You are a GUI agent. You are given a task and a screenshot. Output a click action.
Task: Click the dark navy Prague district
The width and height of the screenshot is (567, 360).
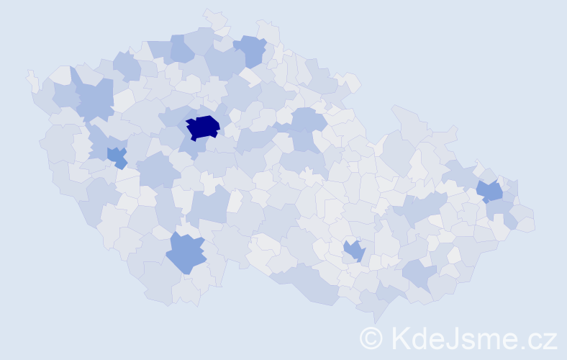pos(202,127)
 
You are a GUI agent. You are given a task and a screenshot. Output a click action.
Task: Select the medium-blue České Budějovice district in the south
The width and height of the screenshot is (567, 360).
pos(186,252)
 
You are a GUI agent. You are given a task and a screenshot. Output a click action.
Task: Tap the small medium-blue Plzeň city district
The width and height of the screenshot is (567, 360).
pos(117,156)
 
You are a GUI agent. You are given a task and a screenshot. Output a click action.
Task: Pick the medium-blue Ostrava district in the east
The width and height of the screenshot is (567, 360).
pos(491,192)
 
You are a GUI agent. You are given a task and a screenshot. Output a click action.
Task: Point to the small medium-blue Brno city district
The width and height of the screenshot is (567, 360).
pos(354,251)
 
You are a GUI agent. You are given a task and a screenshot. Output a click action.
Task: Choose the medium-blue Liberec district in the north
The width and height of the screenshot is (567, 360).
pos(251,49)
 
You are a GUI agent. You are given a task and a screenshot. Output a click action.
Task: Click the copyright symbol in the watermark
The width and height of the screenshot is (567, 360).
pos(371,338)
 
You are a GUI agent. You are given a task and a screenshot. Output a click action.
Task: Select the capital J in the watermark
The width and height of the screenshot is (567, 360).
pos(455,338)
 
